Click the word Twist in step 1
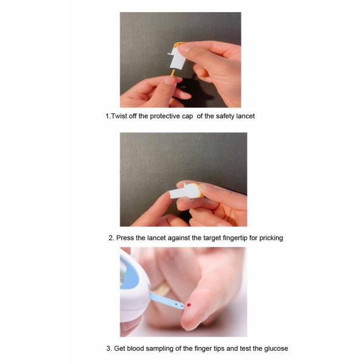[x=119, y=116]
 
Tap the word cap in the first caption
[x=187, y=116]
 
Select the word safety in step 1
[x=225, y=116]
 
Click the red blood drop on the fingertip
[x=189, y=305]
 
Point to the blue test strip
[x=167, y=301]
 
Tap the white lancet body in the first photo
[x=178, y=58]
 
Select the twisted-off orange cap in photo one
[x=173, y=73]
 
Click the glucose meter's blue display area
[x=129, y=275]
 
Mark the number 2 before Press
[x=111, y=238]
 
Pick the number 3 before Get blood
[x=109, y=348]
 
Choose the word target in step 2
[x=212, y=238]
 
